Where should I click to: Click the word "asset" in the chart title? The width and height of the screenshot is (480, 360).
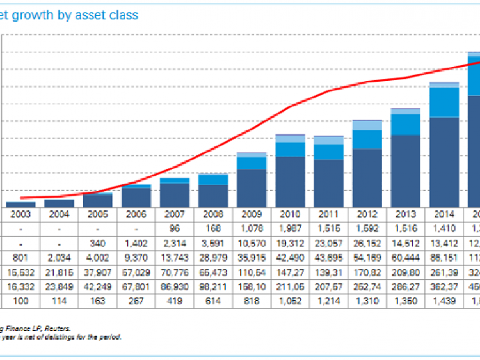(86, 15)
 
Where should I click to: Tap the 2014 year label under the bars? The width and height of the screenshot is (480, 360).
(444, 214)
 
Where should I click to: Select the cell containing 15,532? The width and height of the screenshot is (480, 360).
(22, 273)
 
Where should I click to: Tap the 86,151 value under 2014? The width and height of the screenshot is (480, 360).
(444, 258)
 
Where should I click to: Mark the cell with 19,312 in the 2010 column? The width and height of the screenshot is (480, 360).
(290, 244)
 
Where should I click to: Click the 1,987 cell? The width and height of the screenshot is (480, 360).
(290, 229)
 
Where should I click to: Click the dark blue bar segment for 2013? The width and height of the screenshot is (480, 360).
(406, 171)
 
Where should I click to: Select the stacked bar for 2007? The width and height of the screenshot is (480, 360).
(175, 192)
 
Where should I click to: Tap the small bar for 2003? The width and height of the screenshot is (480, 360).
(21, 204)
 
